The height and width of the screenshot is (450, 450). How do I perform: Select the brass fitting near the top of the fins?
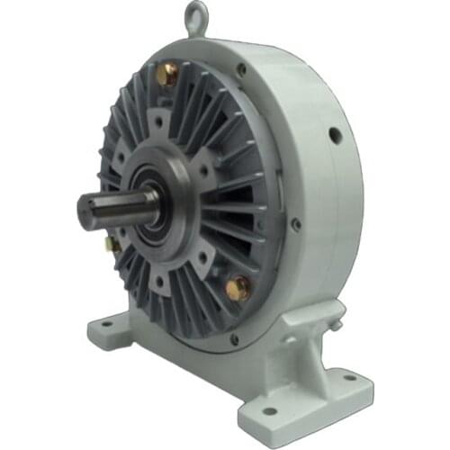point(167,76)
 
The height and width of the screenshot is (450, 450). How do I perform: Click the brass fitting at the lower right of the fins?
point(238,288)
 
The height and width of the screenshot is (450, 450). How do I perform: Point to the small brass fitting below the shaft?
point(112,244)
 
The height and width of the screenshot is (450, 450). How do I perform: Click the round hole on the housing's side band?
point(335,136)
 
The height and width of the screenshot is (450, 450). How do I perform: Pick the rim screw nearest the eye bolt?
point(240,68)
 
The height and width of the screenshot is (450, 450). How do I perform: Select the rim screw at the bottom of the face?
point(235,339)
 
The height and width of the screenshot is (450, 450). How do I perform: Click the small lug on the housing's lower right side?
point(335,312)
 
